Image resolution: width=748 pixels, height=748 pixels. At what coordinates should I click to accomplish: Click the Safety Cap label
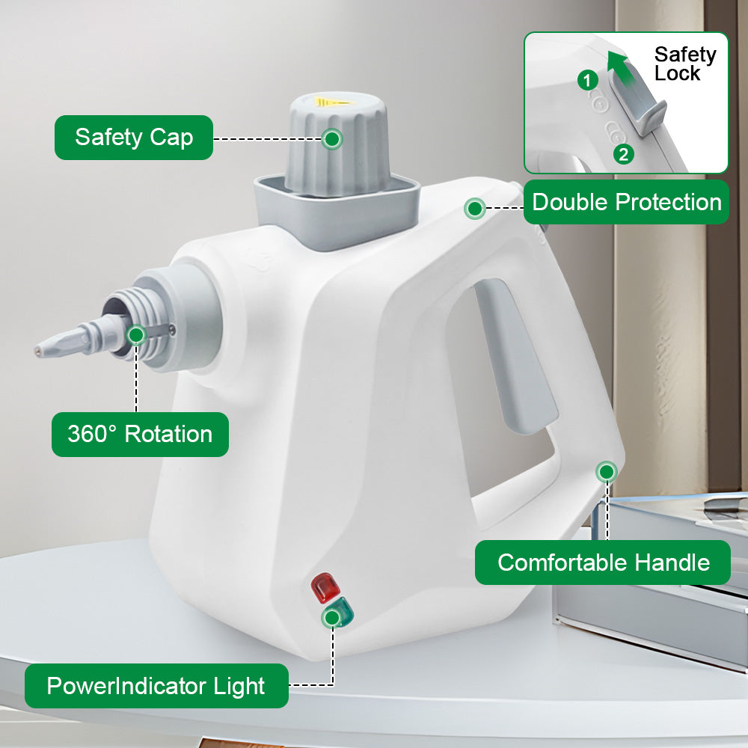[134, 138]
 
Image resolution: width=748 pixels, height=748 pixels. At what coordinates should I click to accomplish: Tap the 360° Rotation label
[140, 434]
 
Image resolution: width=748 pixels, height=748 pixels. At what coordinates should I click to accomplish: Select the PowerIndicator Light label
[156, 685]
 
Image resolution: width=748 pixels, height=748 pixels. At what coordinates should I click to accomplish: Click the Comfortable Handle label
[603, 562]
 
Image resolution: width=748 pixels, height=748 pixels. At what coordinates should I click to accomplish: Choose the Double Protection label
[626, 202]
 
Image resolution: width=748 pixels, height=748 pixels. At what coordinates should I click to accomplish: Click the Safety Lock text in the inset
[684, 64]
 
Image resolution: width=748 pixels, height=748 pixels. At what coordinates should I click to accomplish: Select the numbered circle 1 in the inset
[588, 80]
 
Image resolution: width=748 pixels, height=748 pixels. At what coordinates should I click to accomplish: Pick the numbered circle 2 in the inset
[624, 154]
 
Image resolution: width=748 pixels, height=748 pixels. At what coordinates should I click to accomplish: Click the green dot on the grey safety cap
[332, 139]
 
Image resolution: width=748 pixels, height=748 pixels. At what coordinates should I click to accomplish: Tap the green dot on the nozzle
[136, 335]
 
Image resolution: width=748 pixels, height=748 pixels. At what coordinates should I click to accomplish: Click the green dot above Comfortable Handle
[607, 472]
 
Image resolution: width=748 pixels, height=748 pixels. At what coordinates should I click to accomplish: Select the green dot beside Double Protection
[475, 209]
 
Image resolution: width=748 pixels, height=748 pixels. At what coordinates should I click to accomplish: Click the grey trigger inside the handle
[518, 355]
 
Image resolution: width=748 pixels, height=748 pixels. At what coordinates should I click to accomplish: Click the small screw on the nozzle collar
[172, 329]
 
